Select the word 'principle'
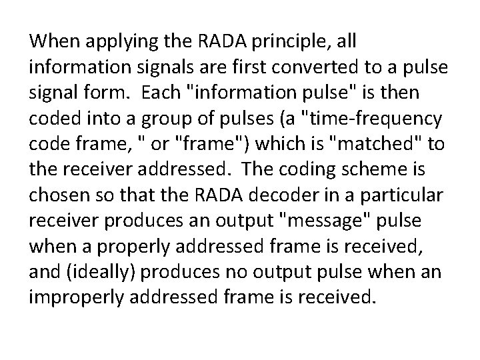pyautogui.click(x=275, y=42)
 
